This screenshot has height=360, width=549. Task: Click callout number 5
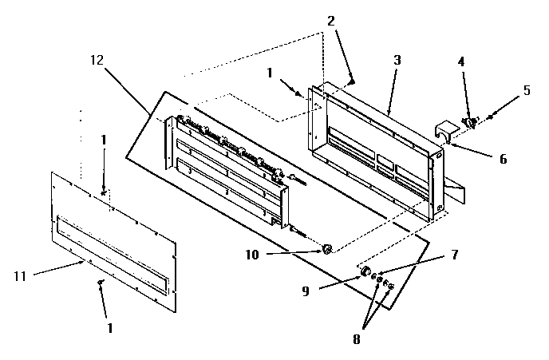click(x=525, y=91)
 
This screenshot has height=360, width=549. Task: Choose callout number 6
click(x=503, y=159)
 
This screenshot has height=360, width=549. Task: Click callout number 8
click(x=356, y=338)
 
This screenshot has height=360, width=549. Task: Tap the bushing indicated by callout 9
click(x=368, y=272)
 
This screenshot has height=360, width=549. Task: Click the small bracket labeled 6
click(x=444, y=131)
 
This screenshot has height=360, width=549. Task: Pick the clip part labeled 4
click(x=471, y=122)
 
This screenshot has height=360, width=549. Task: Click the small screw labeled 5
click(x=489, y=117)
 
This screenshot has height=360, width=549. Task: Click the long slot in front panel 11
click(x=112, y=247)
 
